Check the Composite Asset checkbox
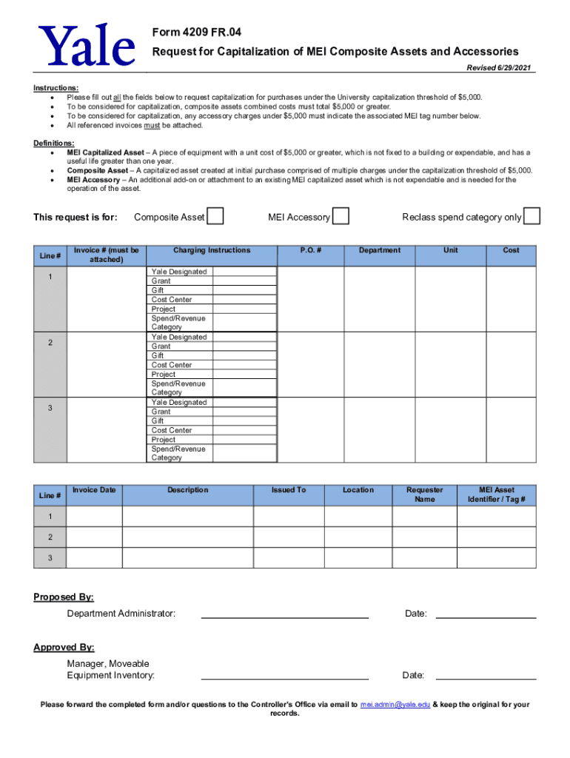(x=215, y=216)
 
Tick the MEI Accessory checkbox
(x=341, y=216)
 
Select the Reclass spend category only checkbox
(x=532, y=216)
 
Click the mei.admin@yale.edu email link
(x=395, y=705)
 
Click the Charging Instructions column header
(x=212, y=251)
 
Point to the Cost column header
(x=511, y=251)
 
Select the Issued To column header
(x=289, y=490)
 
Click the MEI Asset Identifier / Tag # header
(x=496, y=494)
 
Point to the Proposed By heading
(x=64, y=597)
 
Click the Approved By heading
(x=64, y=648)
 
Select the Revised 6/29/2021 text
(x=500, y=68)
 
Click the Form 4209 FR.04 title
(x=196, y=33)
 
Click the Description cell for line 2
(x=187, y=537)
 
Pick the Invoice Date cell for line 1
(x=94, y=516)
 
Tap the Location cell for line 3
(x=358, y=557)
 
